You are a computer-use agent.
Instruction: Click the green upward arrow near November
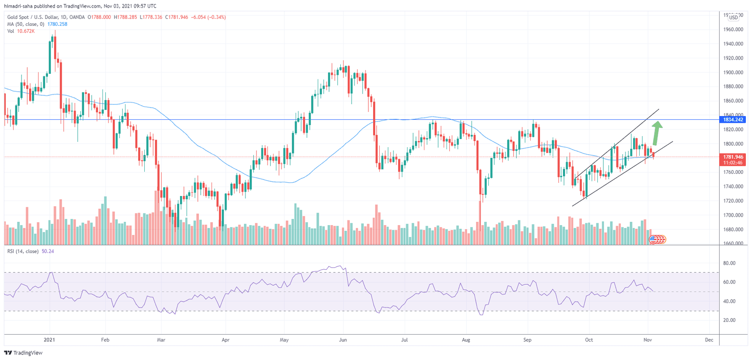point(657,133)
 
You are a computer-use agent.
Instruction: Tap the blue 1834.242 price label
point(733,120)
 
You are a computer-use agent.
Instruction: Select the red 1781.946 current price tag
point(733,157)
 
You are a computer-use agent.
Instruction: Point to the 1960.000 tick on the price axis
point(733,30)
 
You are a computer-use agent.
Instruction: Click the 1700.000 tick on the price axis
point(733,215)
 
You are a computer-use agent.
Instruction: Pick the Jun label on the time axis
point(343,340)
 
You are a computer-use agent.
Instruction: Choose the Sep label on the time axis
point(527,340)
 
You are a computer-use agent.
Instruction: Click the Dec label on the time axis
point(709,340)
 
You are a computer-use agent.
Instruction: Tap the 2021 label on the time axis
point(49,340)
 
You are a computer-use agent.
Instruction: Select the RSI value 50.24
point(47,251)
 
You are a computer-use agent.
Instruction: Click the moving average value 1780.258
point(57,24)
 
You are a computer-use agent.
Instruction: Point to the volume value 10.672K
point(26,31)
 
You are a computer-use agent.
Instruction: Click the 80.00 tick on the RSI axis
point(729,263)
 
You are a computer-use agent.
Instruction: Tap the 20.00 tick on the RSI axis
point(729,320)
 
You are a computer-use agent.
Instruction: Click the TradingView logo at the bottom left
point(23,353)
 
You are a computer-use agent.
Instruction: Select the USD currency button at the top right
point(733,17)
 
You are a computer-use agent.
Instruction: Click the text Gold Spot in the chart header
point(18,17)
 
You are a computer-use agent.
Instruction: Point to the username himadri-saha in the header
point(18,6)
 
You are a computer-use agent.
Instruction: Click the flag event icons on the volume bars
point(658,240)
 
